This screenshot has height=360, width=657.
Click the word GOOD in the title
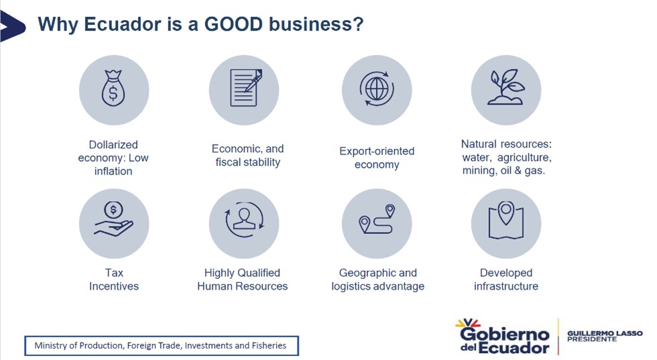(233, 24)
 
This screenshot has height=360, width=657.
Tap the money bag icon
(113, 88)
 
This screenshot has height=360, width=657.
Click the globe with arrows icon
(377, 89)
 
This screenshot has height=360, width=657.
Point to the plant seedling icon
(506, 87)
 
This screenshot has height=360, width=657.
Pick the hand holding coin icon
(113, 219)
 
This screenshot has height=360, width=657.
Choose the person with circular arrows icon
(244, 220)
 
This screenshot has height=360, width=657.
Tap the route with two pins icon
(377, 219)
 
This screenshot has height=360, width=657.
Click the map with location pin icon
(506, 221)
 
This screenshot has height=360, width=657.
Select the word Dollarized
(113, 145)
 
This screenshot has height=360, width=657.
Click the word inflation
(113, 171)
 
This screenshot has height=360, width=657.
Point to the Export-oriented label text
(377, 151)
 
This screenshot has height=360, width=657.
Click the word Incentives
(113, 286)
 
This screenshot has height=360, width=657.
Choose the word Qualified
(259, 273)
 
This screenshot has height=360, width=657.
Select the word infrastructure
(506, 286)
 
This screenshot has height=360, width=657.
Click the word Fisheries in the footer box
(269, 345)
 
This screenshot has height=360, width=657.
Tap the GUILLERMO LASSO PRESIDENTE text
(605, 336)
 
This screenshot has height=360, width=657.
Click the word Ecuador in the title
(122, 24)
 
